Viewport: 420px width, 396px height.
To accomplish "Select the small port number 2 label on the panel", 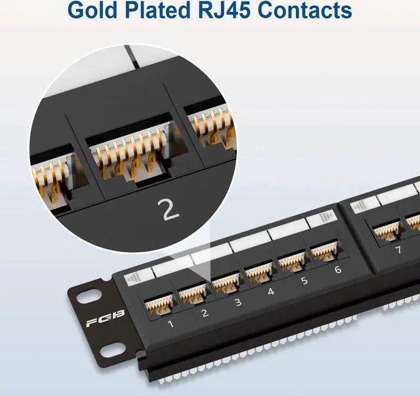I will tap(204, 313).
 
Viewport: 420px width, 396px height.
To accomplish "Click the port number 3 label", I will tap(238, 302).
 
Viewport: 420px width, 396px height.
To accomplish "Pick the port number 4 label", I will tap(271, 291).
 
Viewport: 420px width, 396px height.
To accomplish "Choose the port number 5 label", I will tap(304, 280).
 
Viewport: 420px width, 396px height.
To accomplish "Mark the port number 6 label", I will tap(337, 269).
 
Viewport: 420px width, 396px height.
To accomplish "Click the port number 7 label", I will tap(397, 250).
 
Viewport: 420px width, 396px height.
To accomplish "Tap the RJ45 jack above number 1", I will tap(159, 301).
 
